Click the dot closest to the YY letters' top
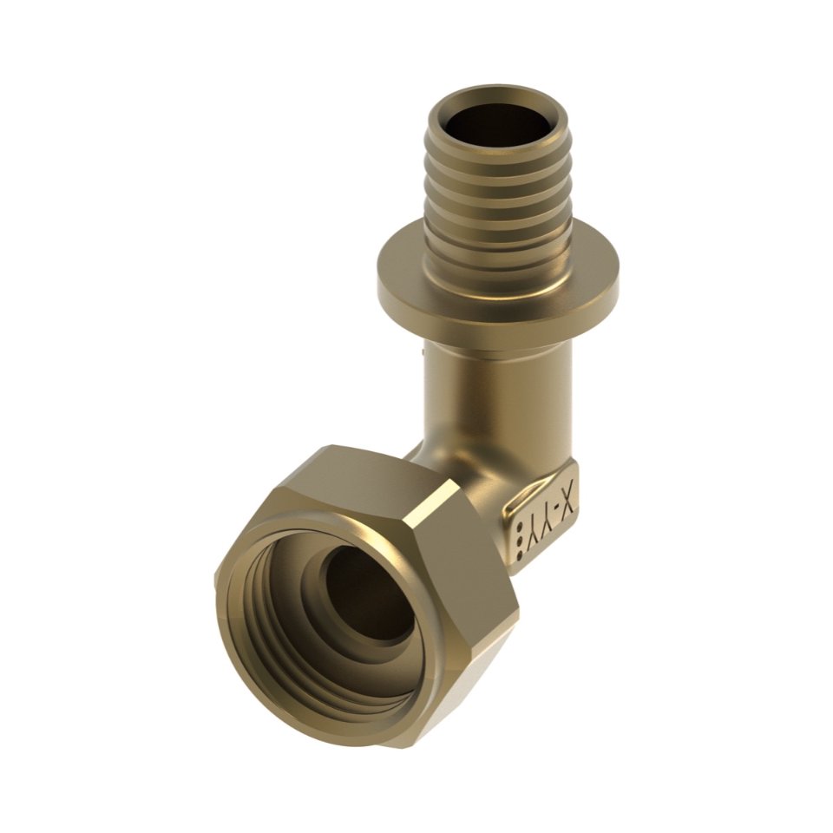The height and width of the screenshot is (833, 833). (x=520, y=529)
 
